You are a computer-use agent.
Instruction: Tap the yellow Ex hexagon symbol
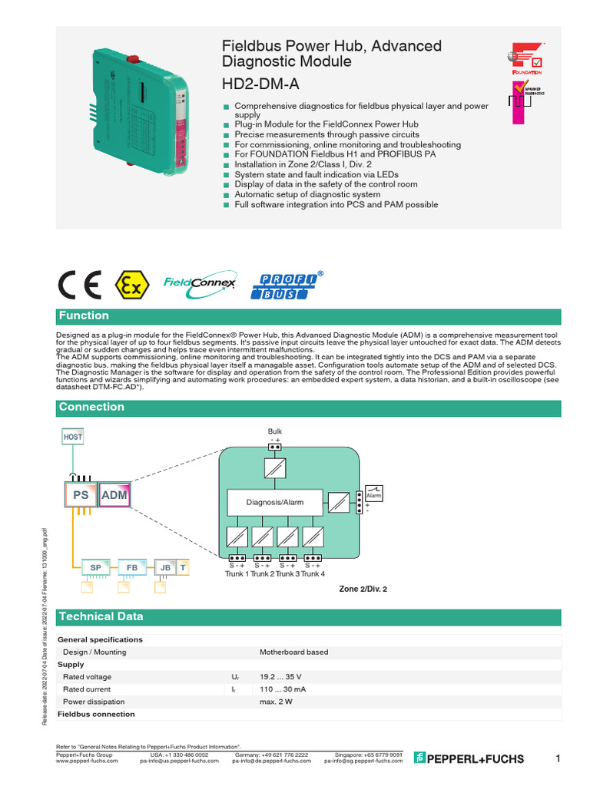(x=129, y=286)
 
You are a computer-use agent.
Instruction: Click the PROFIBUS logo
(x=285, y=285)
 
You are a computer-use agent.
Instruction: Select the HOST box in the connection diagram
(x=73, y=436)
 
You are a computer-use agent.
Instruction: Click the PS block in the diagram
(x=81, y=495)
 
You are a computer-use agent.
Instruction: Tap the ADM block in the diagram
(x=114, y=495)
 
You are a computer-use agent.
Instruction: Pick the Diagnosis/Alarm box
(x=274, y=502)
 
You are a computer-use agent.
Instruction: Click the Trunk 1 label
(x=237, y=574)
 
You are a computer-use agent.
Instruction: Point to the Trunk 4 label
(x=313, y=574)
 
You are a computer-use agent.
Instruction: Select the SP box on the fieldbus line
(x=96, y=567)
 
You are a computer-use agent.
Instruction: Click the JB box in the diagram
(x=164, y=567)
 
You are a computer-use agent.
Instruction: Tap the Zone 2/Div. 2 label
(x=363, y=589)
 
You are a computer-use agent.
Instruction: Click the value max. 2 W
(x=276, y=702)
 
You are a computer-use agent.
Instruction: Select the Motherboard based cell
(x=293, y=652)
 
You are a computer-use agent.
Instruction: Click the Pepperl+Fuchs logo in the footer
(x=469, y=758)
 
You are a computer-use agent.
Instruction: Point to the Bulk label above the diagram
(x=275, y=432)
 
